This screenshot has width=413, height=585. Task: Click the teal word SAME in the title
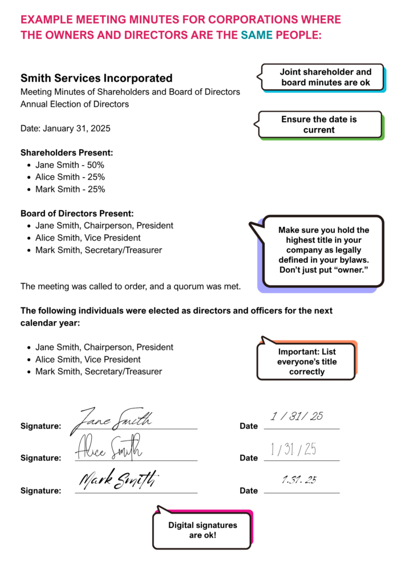coord(257,35)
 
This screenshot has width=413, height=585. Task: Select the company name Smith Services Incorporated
coord(96,78)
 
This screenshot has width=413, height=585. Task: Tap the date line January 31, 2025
coord(66,129)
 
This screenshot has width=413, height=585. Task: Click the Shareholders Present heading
coord(67,153)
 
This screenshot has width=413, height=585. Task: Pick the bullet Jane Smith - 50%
coord(70,165)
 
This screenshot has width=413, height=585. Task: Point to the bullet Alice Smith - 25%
coord(70,177)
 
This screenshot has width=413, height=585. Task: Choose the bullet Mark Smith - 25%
coord(70,189)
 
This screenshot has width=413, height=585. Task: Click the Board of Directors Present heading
coord(77,214)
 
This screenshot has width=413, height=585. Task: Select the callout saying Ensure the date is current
coord(319,125)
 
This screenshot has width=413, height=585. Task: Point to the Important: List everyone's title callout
coord(307,362)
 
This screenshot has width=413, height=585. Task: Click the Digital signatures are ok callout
coord(203,530)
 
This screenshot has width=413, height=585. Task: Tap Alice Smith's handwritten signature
coord(108,449)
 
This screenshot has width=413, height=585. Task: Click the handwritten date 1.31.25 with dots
coord(299,480)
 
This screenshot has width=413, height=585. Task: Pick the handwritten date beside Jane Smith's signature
coord(297,416)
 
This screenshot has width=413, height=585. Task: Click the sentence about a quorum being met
coord(131,286)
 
